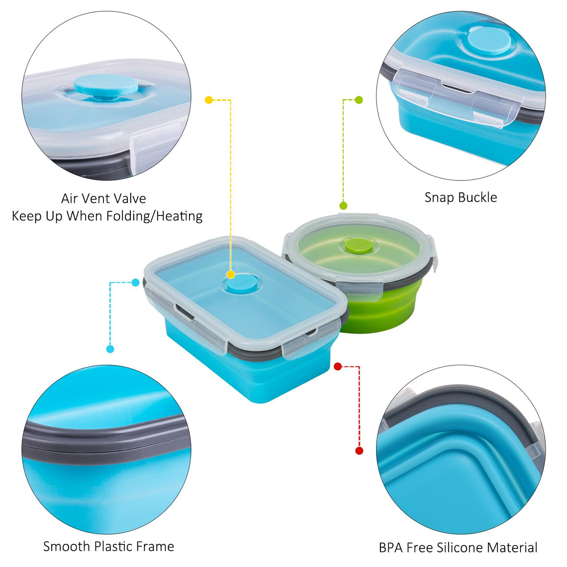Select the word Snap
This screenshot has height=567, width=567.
click(437, 198)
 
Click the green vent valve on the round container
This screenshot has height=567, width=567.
click(359, 245)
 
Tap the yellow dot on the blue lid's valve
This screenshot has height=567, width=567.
click(231, 275)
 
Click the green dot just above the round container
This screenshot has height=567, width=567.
click(343, 206)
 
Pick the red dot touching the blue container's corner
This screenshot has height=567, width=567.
click(338, 366)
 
